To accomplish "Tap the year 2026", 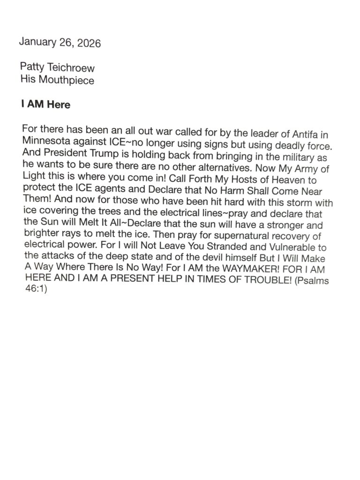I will click(87, 44).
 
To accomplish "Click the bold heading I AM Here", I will click(45, 104).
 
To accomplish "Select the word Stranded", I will click(213, 247).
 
